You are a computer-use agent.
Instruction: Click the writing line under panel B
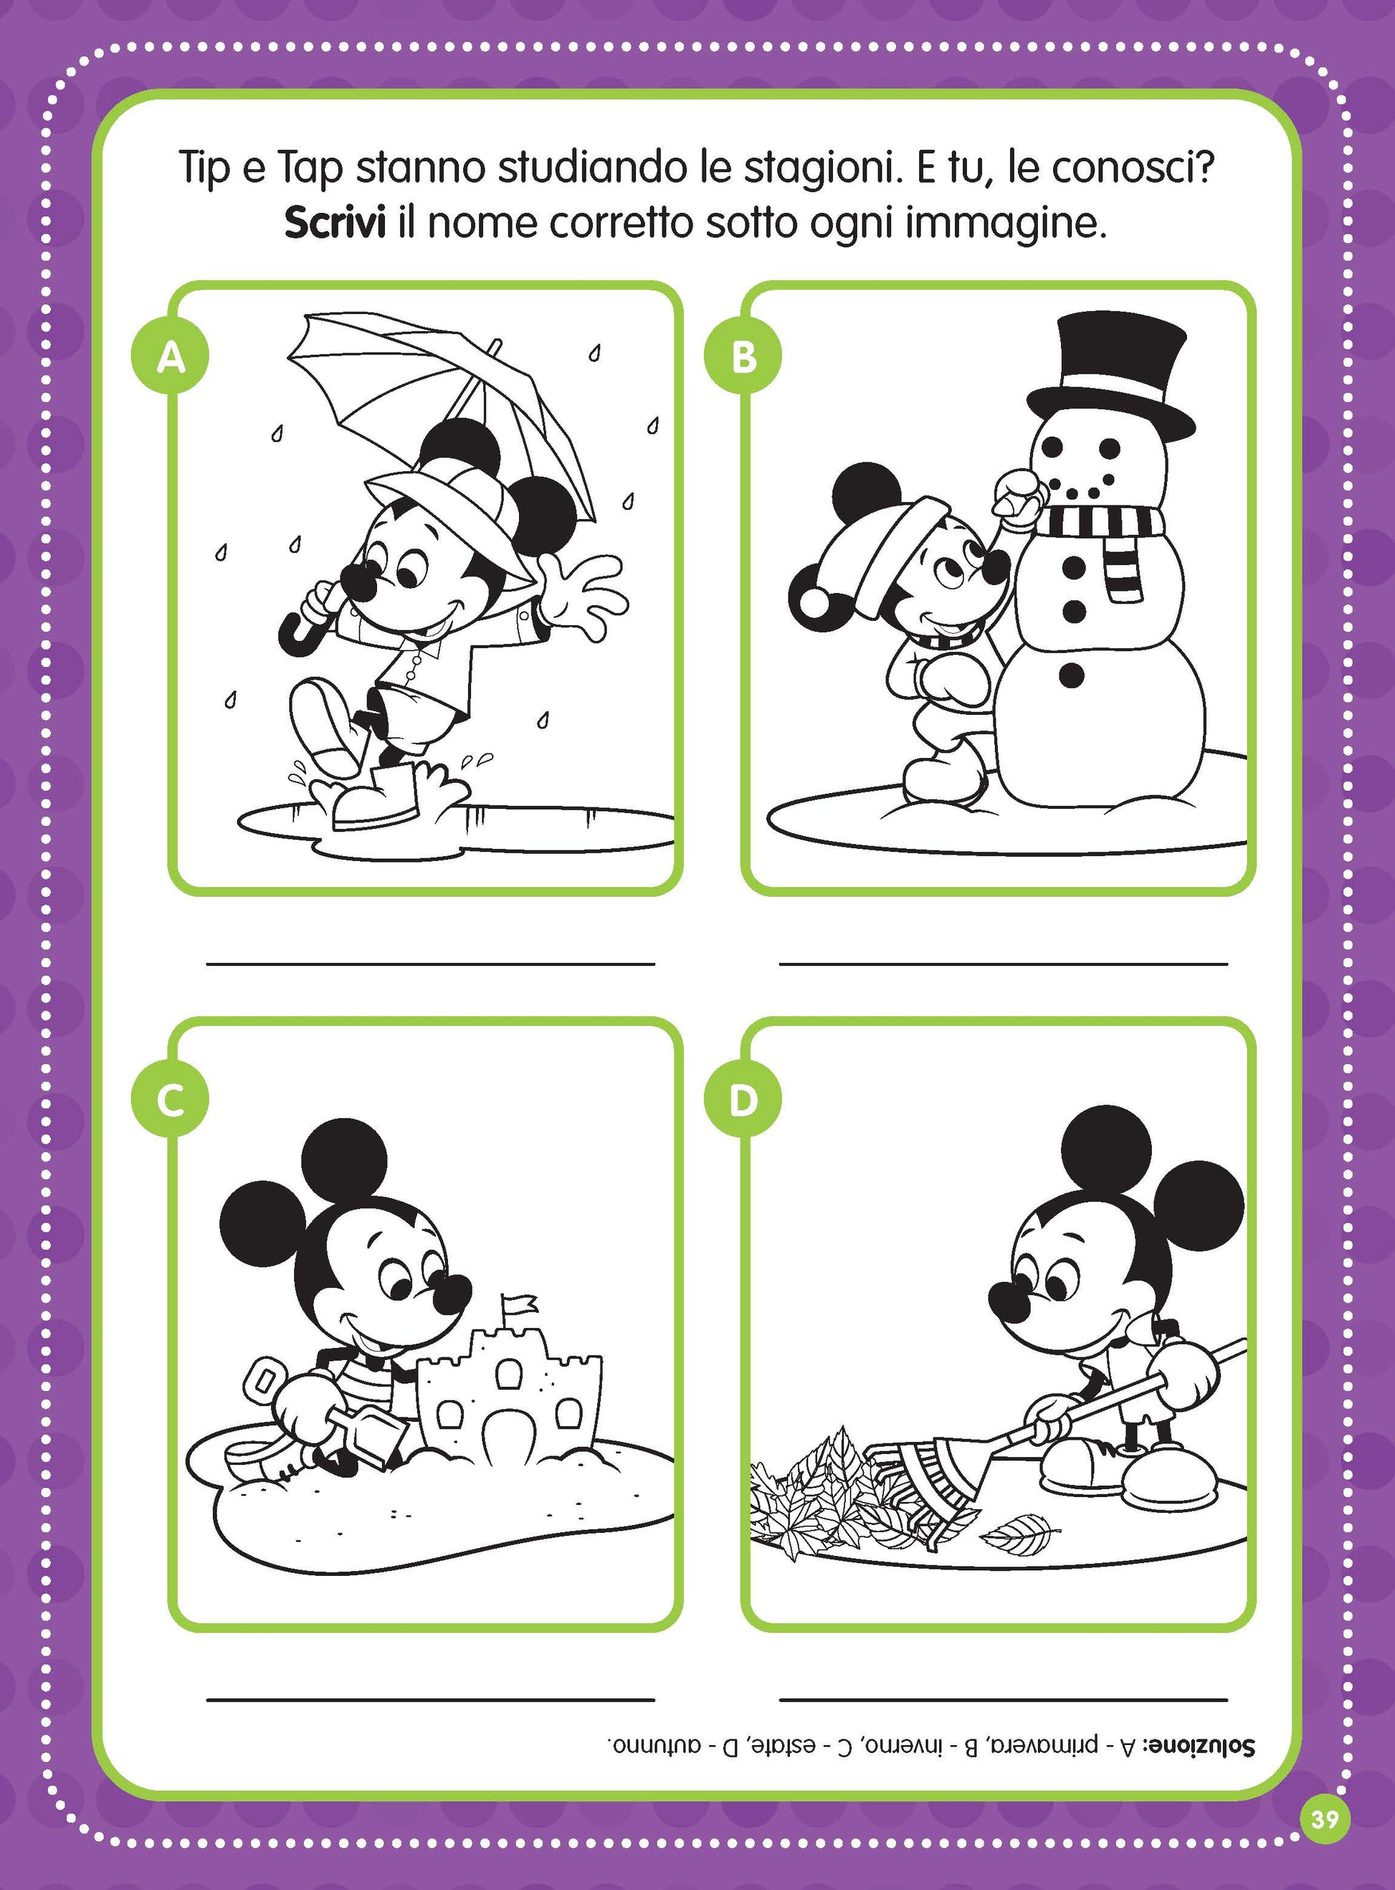[1002, 963]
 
